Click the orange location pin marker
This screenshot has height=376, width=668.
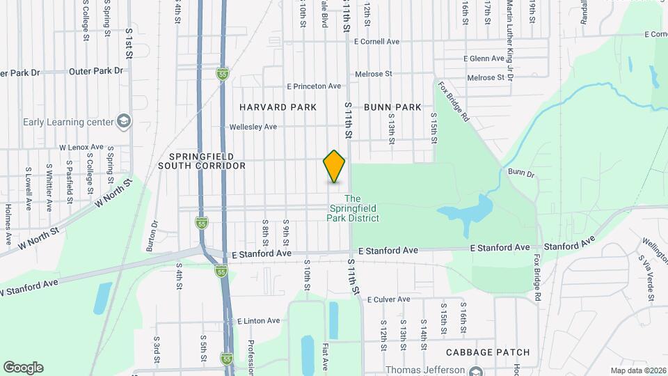pos(335,166)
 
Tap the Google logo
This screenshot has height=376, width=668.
pos(23,368)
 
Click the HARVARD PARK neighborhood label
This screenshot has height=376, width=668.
pos(278,107)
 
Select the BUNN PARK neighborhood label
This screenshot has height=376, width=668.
pos(392,107)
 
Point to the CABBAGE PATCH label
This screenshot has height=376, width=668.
pos(487,352)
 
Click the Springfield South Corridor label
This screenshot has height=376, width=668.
pos(202,161)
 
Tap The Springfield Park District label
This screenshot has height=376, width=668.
pos(353,208)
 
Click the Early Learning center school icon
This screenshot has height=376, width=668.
pos(124,122)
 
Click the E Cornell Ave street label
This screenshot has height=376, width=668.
pos(376,42)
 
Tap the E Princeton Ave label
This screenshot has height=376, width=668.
pos(315,86)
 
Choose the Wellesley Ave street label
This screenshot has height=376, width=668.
pos(253,127)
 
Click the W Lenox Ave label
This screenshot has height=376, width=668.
pos(81,148)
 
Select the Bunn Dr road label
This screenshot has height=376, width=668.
pos(520,171)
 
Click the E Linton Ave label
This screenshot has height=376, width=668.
pos(258,321)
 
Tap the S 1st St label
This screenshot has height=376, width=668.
pos(129,42)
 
